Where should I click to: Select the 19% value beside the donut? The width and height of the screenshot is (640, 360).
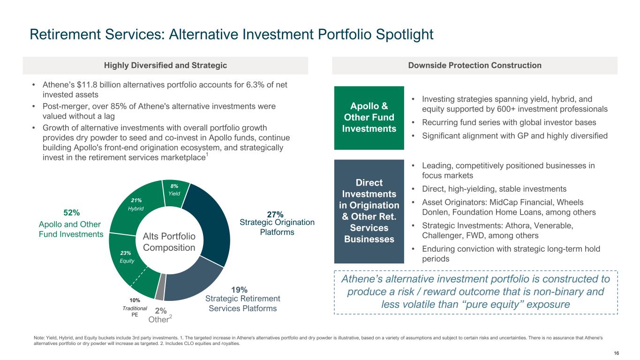tap(240, 290)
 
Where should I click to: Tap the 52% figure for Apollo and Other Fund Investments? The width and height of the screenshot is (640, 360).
tap(71, 212)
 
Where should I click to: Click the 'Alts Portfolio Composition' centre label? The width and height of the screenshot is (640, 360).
tap(169, 241)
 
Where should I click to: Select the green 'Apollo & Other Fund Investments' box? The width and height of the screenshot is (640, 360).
tap(369, 118)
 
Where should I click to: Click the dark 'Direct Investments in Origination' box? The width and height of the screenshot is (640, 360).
tap(369, 211)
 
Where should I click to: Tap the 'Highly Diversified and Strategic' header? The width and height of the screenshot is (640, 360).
tap(166, 66)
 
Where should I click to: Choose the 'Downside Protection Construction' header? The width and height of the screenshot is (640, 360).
tap(474, 66)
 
